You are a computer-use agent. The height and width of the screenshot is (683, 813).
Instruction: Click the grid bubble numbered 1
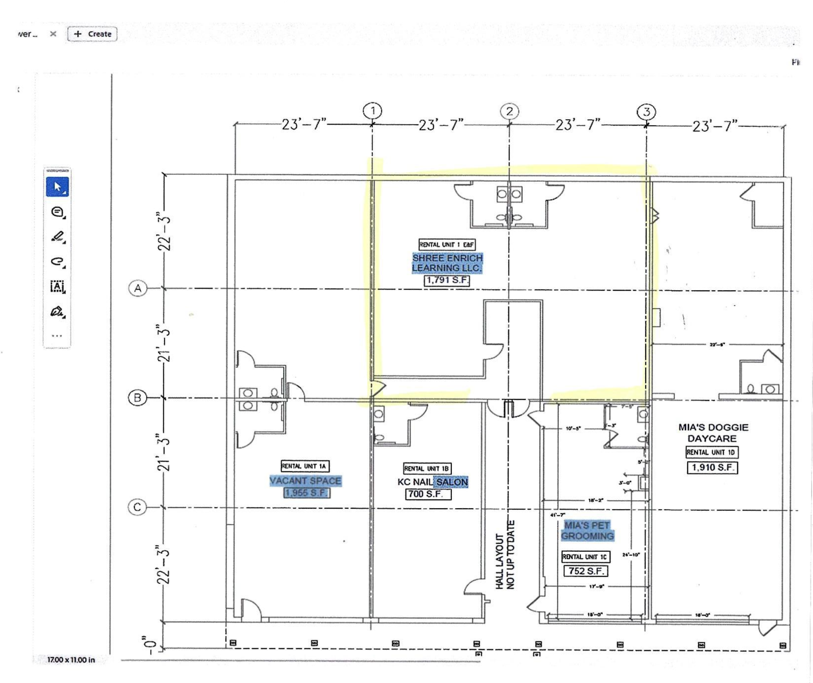coord(372,111)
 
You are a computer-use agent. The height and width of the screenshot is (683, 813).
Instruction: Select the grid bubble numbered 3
coord(646,112)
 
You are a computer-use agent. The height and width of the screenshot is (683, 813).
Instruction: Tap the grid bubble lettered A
coord(138,289)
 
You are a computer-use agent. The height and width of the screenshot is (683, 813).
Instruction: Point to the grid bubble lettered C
coord(137,507)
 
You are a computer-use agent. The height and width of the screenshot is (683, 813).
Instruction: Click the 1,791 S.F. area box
coord(447,280)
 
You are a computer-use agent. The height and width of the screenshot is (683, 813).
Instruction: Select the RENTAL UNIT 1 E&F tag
coord(447,245)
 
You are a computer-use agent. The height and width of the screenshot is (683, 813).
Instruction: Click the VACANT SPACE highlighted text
coord(305,481)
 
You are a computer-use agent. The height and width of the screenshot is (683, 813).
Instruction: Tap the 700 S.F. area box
coord(428,494)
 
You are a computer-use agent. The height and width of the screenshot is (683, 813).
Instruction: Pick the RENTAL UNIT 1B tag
coord(427,468)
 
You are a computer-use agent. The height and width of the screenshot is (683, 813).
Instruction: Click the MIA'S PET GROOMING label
coord(587,531)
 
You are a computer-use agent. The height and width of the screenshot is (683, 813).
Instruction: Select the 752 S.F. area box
coord(586,571)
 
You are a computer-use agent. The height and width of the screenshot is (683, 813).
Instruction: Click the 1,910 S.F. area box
coord(712,468)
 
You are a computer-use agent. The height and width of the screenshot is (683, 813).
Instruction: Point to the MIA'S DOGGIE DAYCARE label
coord(713,432)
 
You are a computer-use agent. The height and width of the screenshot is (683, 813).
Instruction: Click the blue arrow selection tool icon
coord(57,187)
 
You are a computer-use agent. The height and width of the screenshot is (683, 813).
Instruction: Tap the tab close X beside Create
coord(53,34)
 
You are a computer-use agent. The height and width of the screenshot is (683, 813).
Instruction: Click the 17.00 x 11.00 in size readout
coord(71,660)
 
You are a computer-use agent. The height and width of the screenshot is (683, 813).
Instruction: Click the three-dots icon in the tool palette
coord(57,336)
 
